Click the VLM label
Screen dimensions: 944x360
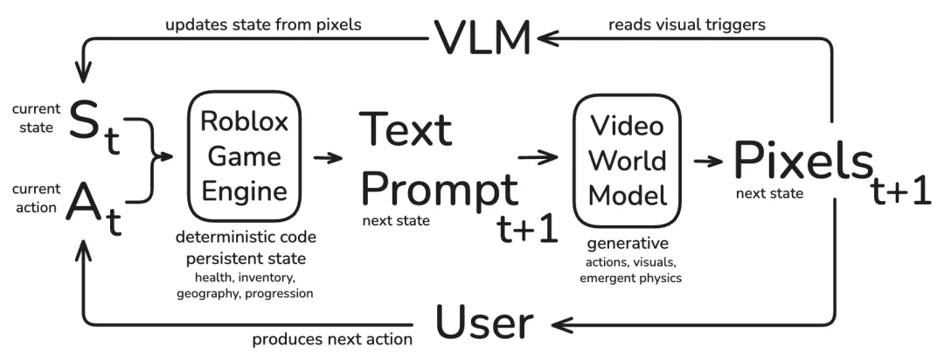[x=482, y=38]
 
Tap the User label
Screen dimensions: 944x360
[x=484, y=323]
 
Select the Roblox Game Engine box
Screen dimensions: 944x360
[x=244, y=156]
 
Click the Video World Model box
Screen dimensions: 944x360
[x=628, y=160]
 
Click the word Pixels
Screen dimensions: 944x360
[x=802, y=161]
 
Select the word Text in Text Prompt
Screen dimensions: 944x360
[x=406, y=128]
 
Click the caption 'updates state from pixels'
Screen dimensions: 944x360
[x=263, y=24]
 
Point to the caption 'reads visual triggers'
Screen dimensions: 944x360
[x=687, y=24]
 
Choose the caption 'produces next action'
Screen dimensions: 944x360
[x=332, y=340]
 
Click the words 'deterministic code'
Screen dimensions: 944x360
[x=246, y=237]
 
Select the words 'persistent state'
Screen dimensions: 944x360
[x=246, y=259]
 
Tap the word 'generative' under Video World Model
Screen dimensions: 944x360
[x=628, y=244]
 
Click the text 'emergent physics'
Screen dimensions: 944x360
[x=630, y=278]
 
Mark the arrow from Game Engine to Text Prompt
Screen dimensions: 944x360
[x=328, y=158]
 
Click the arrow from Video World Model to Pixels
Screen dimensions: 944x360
[x=708, y=161]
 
